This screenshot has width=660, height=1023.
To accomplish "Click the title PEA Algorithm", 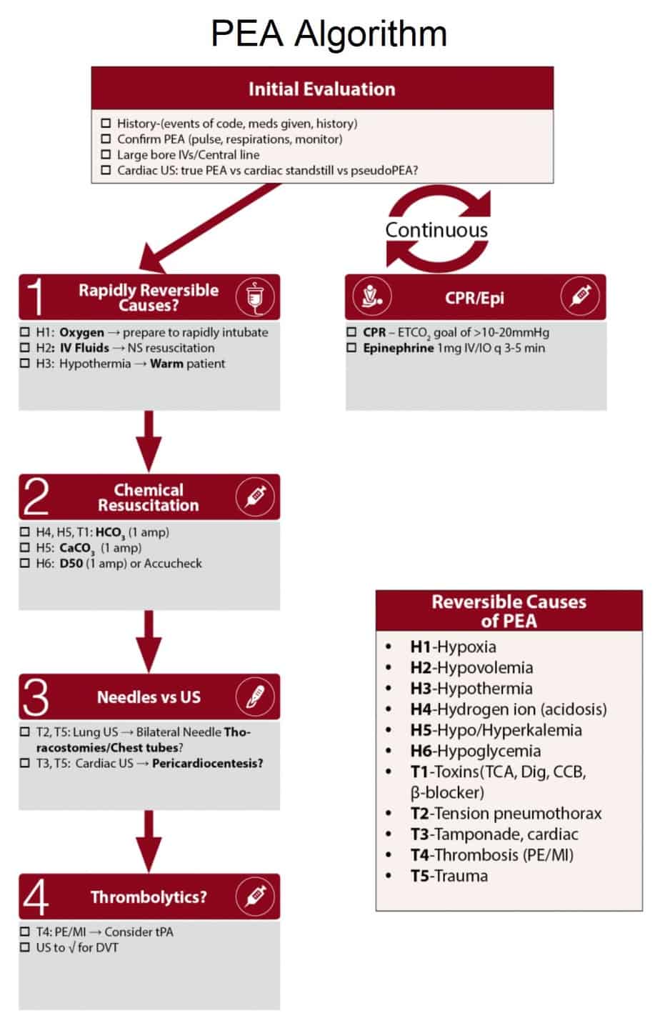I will (x=329, y=34).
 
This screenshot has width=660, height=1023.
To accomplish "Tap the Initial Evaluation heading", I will (x=321, y=89).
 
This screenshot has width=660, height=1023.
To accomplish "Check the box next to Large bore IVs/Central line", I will (x=106, y=154).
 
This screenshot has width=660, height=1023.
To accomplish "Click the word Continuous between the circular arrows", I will (x=436, y=230).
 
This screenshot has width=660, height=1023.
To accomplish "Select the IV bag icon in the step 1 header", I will (x=255, y=297).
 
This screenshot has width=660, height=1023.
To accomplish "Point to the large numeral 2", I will (x=36, y=497).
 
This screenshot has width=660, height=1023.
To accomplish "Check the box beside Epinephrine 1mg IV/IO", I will (x=351, y=348).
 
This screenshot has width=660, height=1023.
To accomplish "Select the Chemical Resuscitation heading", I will (x=149, y=498).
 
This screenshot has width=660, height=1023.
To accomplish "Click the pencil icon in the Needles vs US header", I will (x=255, y=697).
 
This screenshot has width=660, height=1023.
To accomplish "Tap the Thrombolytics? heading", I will (x=149, y=897).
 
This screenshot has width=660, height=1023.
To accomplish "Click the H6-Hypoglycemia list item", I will (x=475, y=751).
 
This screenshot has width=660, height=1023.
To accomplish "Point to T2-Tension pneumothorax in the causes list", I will (x=506, y=813).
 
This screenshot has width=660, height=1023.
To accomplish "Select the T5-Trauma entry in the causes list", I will (x=449, y=876).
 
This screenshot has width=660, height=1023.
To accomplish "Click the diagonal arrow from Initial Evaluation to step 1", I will (x=214, y=221).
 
